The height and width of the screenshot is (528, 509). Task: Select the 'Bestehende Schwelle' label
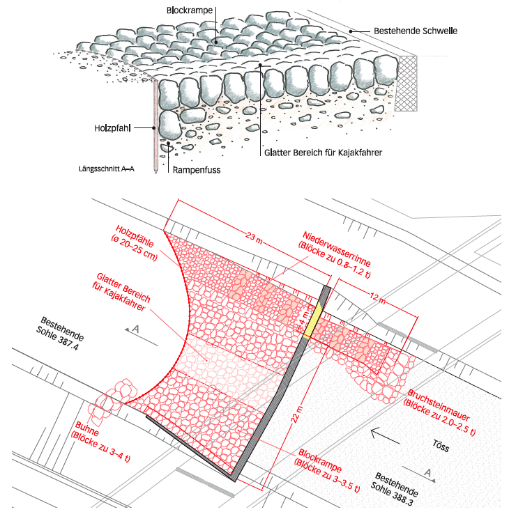[x=413, y=31]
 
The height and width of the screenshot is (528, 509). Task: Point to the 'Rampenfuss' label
[x=192, y=168]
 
